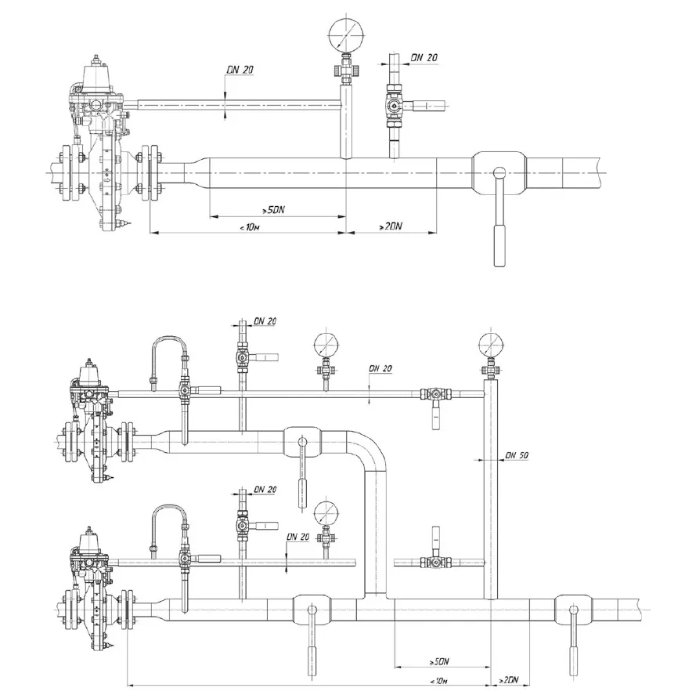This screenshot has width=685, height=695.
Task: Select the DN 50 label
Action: tap(517, 455)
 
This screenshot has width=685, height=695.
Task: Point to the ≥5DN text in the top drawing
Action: tap(273, 210)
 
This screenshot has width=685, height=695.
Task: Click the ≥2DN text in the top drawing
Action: tap(390, 226)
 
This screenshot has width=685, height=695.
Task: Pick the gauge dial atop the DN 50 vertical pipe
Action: tap(492, 345)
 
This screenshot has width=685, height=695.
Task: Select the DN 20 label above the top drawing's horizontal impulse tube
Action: tap(240, 70)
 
